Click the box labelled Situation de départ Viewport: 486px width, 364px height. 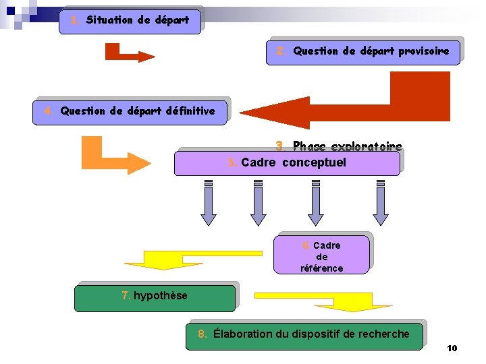130,20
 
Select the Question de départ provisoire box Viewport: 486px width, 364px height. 364,51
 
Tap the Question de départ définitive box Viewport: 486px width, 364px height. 130,111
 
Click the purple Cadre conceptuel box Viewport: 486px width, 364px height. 287,163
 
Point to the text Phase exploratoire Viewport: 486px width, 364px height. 339,146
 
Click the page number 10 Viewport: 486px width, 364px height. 452,348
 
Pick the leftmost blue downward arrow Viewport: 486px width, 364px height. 209,203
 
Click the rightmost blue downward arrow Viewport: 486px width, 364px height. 381,203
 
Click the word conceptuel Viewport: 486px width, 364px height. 314,162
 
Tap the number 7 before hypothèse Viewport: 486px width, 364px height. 126,295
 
